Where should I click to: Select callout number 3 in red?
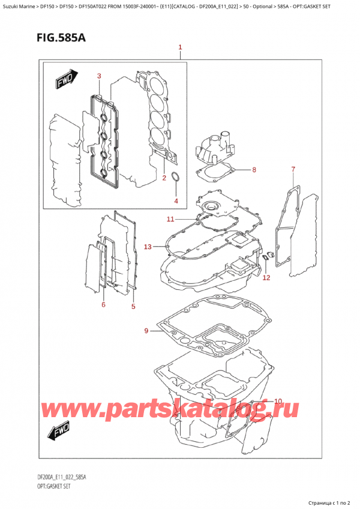[100, 76]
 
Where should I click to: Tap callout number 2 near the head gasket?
[163, 178]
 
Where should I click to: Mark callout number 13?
[148, 246]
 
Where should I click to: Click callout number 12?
[266, 277]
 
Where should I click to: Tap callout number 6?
[103, 305]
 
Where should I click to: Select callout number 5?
[133, 307]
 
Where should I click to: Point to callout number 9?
[147, 330]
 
